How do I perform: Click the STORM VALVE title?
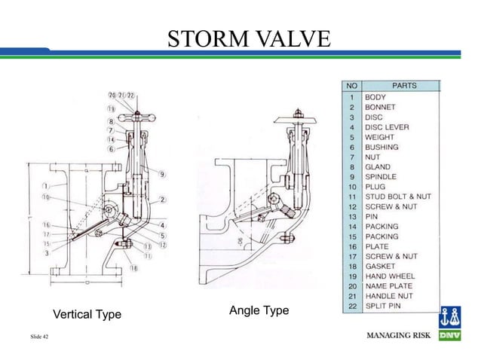(x=248, y=37)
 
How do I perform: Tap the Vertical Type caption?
(x=86, y=314)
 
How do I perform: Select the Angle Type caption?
(x=253, y=310)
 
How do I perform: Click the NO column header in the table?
(x=352, y=86)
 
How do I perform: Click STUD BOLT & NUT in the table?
(x=397, y=196)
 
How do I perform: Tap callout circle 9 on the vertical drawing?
(x=163, y=175)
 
